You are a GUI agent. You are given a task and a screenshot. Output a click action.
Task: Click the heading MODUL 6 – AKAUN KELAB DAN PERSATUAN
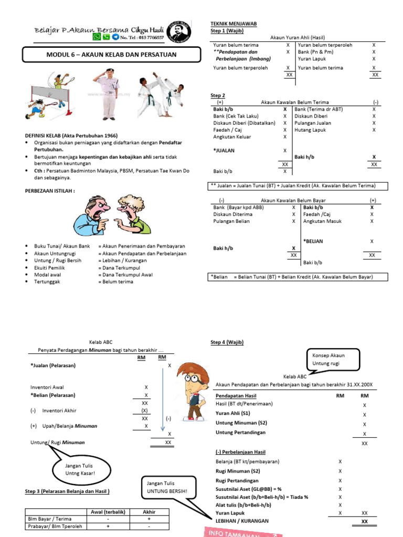coord(111,55)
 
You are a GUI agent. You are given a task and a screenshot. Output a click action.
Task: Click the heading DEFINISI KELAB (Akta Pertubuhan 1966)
coord(71,135)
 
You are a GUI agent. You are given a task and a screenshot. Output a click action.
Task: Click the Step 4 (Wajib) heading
coord(227,342)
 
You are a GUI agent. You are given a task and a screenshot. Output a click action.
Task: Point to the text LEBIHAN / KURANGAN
coord(242,521)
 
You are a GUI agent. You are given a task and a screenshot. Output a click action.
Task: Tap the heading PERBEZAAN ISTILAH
coord(50,190)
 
